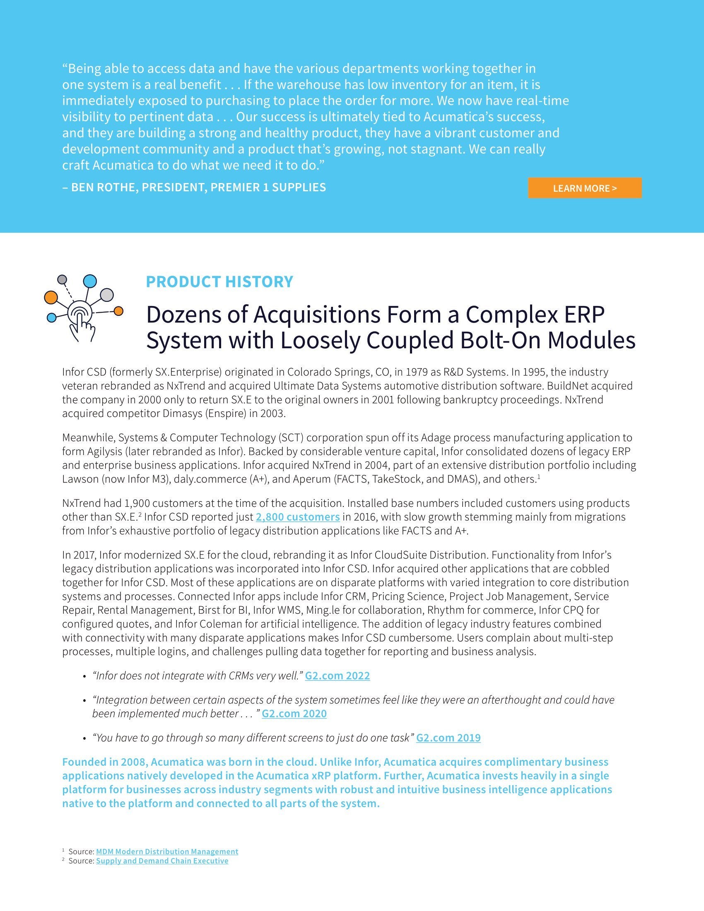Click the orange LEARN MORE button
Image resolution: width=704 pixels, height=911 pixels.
(584, 188)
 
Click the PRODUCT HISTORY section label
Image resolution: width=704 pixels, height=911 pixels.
(219, 282)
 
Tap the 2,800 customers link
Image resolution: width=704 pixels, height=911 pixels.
(297, 517)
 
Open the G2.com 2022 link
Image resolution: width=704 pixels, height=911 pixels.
(337, 676)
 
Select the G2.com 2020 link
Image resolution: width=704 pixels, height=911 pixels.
(294, 714)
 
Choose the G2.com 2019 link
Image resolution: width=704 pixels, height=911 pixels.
(448, 738)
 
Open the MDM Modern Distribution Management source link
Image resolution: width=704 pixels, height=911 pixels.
(167, 851)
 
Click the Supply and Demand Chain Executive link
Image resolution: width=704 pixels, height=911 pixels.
(162, 860)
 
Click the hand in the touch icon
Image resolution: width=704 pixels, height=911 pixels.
(82, 328)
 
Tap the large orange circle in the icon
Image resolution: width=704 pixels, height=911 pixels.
(51, 297)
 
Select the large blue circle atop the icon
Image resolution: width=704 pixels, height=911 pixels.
(90, 281)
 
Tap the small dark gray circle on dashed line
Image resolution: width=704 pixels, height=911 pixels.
(62, 280)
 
